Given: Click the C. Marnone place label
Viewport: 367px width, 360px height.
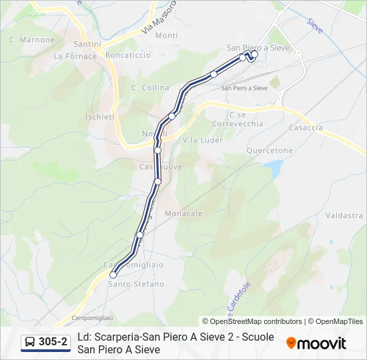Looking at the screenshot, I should pos(32,40).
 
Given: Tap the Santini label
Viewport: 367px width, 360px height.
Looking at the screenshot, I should pos(87,44).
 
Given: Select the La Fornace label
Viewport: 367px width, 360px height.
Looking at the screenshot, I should pos(75,57).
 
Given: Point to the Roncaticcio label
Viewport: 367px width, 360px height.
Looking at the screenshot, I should pos(127,56).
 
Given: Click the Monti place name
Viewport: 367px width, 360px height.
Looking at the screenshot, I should pos(166,35).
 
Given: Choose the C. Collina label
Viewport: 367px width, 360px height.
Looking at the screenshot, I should pos(150,88).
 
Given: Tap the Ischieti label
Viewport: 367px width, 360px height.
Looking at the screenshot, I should pos(99,117).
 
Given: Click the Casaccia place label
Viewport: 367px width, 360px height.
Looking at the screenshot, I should pos(306,127).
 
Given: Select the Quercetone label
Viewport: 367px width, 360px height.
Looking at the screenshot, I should pos(270,151).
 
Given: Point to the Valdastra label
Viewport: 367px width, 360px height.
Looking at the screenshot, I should pos(344,216).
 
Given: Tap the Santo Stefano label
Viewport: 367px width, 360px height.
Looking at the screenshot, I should pos(136,284).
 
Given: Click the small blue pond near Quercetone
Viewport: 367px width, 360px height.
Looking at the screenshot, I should pos(273,168).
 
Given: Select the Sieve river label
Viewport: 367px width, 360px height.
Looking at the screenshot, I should pos(314,25).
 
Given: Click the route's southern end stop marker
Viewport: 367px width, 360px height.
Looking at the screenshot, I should pos(113,275).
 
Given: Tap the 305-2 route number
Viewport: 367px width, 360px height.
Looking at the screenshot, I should pos(53,343).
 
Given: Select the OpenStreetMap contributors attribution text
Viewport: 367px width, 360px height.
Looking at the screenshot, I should pos(252,321).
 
